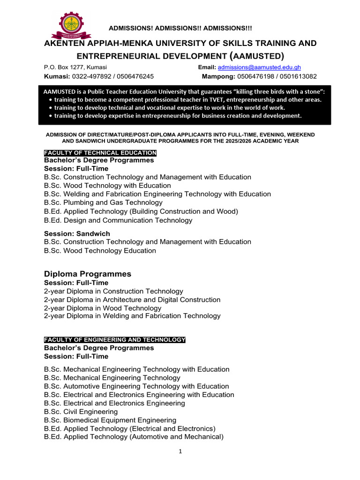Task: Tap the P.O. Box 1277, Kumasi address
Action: coord(75,67)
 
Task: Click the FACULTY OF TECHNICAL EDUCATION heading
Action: coord(100,153)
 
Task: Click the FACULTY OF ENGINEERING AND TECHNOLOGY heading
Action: coord(115,339)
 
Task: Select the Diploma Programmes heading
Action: coord(88,274)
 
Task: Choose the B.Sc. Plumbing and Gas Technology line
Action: coord(103,202)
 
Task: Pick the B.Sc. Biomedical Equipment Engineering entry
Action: coord(110,420)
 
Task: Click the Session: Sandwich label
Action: coord(77,233)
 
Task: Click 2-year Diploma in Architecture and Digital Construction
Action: coord(132,300)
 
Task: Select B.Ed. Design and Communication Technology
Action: coord(118,220)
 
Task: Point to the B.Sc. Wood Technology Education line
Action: coord(100,250)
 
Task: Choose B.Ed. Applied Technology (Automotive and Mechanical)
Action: coord(134,437)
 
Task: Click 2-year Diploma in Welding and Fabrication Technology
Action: coord(132,316)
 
